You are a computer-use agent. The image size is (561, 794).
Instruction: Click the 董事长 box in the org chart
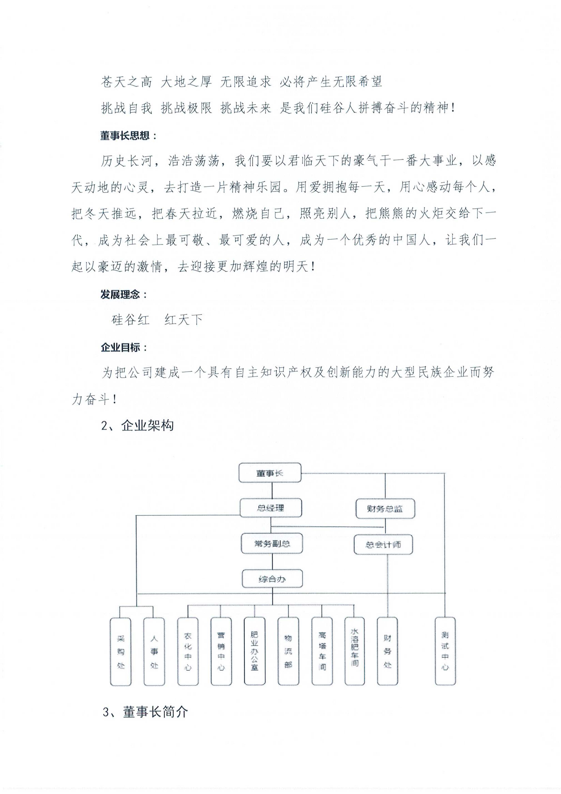tap(270, 473)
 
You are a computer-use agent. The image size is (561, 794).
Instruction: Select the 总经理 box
tap(271, 508)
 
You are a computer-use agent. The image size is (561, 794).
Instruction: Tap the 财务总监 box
tap(385, 509)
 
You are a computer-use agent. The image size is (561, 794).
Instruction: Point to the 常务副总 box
tap(272, 544)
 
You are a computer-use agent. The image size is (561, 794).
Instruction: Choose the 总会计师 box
tap(383, 545)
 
